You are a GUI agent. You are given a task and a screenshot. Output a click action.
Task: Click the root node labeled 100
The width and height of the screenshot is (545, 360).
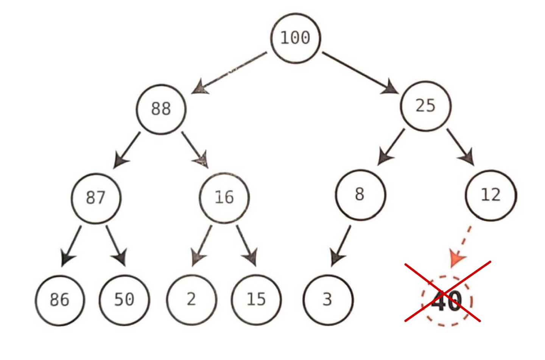coord(296,38)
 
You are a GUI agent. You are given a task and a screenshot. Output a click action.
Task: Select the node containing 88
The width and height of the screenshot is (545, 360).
coord(161,109)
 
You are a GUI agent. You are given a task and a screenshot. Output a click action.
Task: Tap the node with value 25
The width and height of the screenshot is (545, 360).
coord(426,106)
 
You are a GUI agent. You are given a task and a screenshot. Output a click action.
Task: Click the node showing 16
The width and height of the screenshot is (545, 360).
coord(224,197)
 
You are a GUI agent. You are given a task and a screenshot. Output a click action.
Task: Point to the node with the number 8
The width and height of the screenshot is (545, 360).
coord(360,195)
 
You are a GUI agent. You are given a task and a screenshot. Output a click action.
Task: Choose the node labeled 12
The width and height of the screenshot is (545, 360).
coord(491,195)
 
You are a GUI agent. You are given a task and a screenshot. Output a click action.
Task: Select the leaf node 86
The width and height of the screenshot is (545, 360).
coord(60,300)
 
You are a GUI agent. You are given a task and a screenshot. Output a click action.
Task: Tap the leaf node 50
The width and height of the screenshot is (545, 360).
coord(124,300)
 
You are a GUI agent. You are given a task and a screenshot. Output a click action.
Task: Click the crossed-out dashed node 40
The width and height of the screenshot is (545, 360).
coord(447,301)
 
